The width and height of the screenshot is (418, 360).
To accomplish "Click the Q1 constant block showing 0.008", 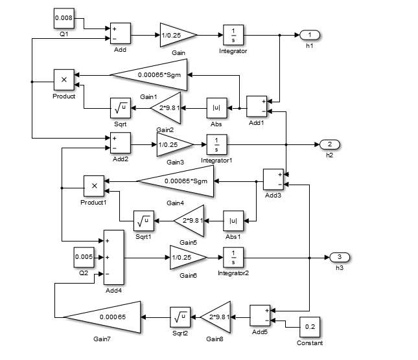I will tap(64, 19).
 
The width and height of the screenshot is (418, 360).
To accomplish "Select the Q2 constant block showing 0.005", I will tap(84, 257).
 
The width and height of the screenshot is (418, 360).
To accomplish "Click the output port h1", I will tap(309, 34).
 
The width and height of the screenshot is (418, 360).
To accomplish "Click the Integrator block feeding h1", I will tap(233, 35).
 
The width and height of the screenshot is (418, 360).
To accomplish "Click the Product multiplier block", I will tap(64, 80).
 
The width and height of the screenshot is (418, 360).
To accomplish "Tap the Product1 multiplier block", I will tap(94, 186).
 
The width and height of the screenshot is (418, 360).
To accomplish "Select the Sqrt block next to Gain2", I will tap(120, 108).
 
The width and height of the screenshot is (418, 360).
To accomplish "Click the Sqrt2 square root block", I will tap(180, 317).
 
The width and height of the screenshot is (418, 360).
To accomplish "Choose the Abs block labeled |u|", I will tap(216, 108).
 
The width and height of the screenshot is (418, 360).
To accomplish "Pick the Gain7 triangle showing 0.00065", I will tap(107, 317).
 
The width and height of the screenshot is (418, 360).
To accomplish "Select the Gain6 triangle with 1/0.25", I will tap(185, 258).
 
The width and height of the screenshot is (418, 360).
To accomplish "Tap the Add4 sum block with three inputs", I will tap(113, 257).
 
